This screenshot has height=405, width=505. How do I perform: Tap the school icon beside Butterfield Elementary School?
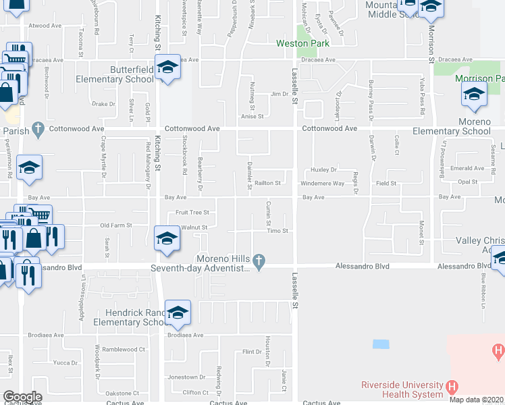click(167, 67)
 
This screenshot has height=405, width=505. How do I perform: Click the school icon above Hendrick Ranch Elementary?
click(178, 313)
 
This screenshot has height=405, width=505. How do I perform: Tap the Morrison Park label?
click(479, 78)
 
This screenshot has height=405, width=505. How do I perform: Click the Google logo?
click(22, 397)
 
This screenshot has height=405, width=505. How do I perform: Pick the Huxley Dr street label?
click(323, 169)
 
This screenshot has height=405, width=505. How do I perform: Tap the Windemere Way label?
click(322, 183)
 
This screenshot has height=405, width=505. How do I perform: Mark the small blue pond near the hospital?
click(381, 344)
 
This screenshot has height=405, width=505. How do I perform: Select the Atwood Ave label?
click(45, 26)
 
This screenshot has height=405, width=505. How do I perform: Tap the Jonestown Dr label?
click(186, 377)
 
